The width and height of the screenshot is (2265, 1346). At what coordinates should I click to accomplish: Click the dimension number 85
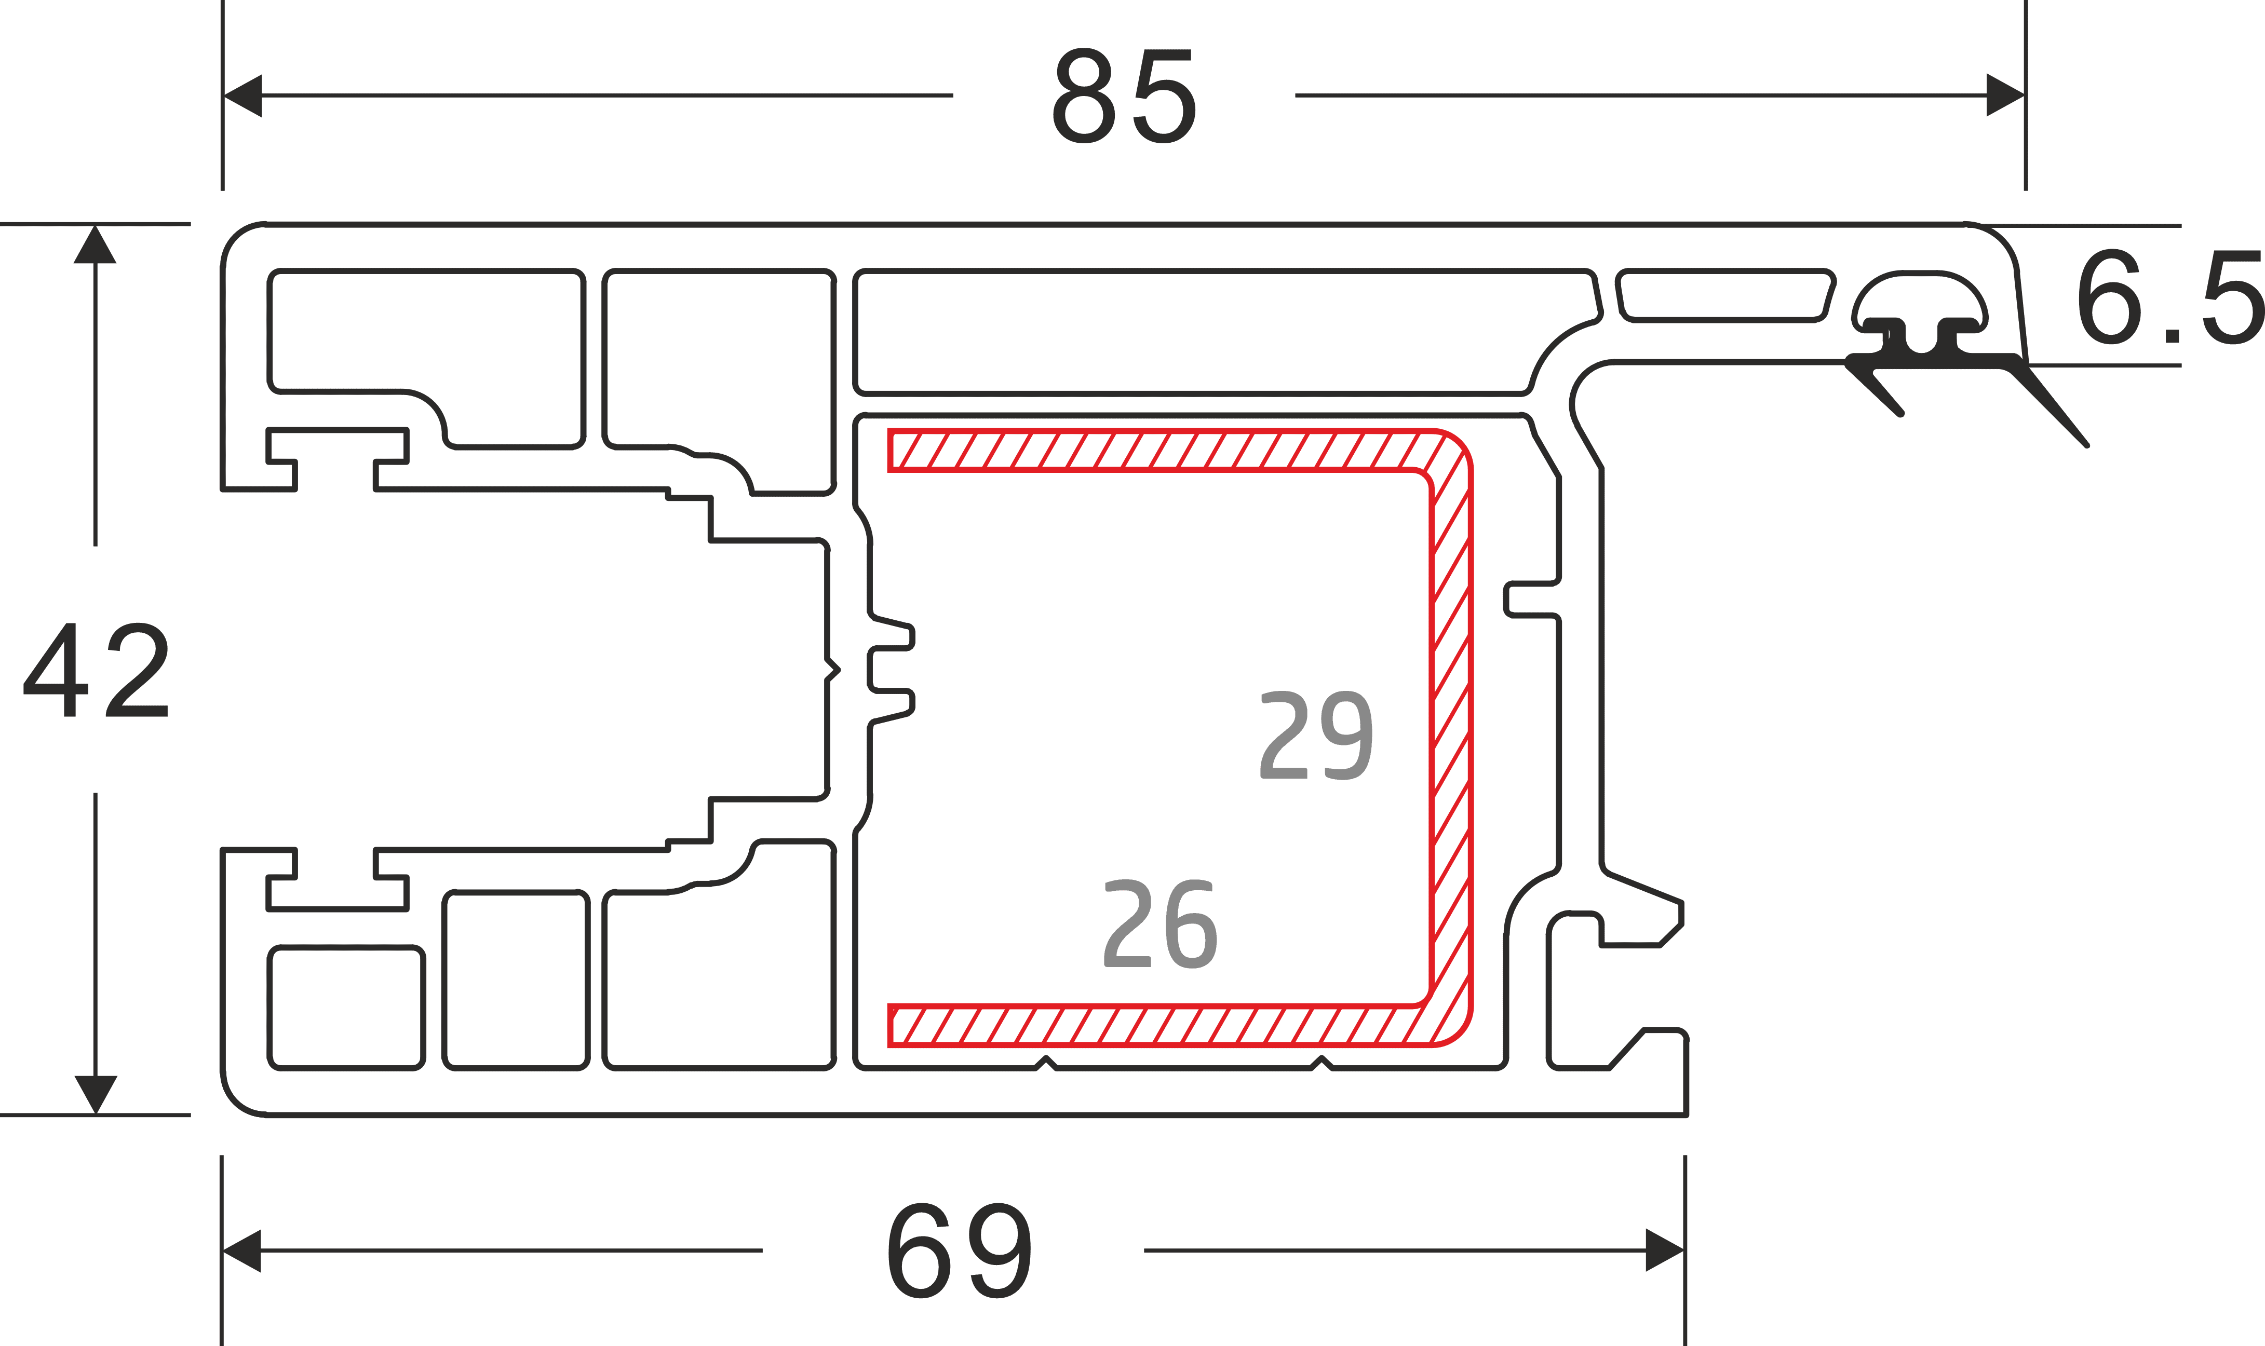coord(1123,98)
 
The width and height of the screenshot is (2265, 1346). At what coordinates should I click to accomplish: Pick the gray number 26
coord(1160,924)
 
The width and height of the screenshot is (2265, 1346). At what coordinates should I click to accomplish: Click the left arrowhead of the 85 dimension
coord(243,95)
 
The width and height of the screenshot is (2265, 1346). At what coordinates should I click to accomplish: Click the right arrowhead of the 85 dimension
coord(2005,95)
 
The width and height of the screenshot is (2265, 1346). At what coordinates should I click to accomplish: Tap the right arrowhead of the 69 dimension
coord(1665,1250)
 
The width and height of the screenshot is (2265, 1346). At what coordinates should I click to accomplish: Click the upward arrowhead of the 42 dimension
coord(95,245)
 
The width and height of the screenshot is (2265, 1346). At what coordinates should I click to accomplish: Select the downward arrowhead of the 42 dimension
coord(95,1094)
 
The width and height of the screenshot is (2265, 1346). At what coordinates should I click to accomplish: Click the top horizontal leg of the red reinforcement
coord(1152,451)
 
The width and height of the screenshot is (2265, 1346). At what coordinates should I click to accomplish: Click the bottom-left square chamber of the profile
coord(346,1008)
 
